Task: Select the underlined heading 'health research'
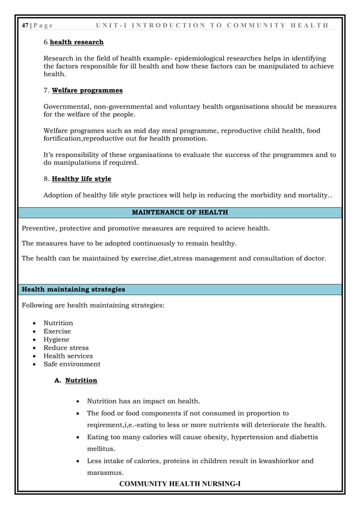[77, 42]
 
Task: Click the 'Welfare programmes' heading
[87, 90]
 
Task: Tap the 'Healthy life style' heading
[81, 179]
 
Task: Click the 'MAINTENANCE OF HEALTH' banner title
[179, 212]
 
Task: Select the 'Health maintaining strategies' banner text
[73, 289]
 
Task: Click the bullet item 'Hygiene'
[56, 340]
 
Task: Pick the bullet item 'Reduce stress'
[66, 348]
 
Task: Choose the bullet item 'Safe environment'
[72, 364]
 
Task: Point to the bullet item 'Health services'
[68, 356]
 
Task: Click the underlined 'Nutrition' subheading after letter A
[81, 380]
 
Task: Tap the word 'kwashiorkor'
[280, 461]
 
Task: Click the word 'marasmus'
[105, 472]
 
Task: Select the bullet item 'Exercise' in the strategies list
[57, 331]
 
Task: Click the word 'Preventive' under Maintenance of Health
[40, 229]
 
